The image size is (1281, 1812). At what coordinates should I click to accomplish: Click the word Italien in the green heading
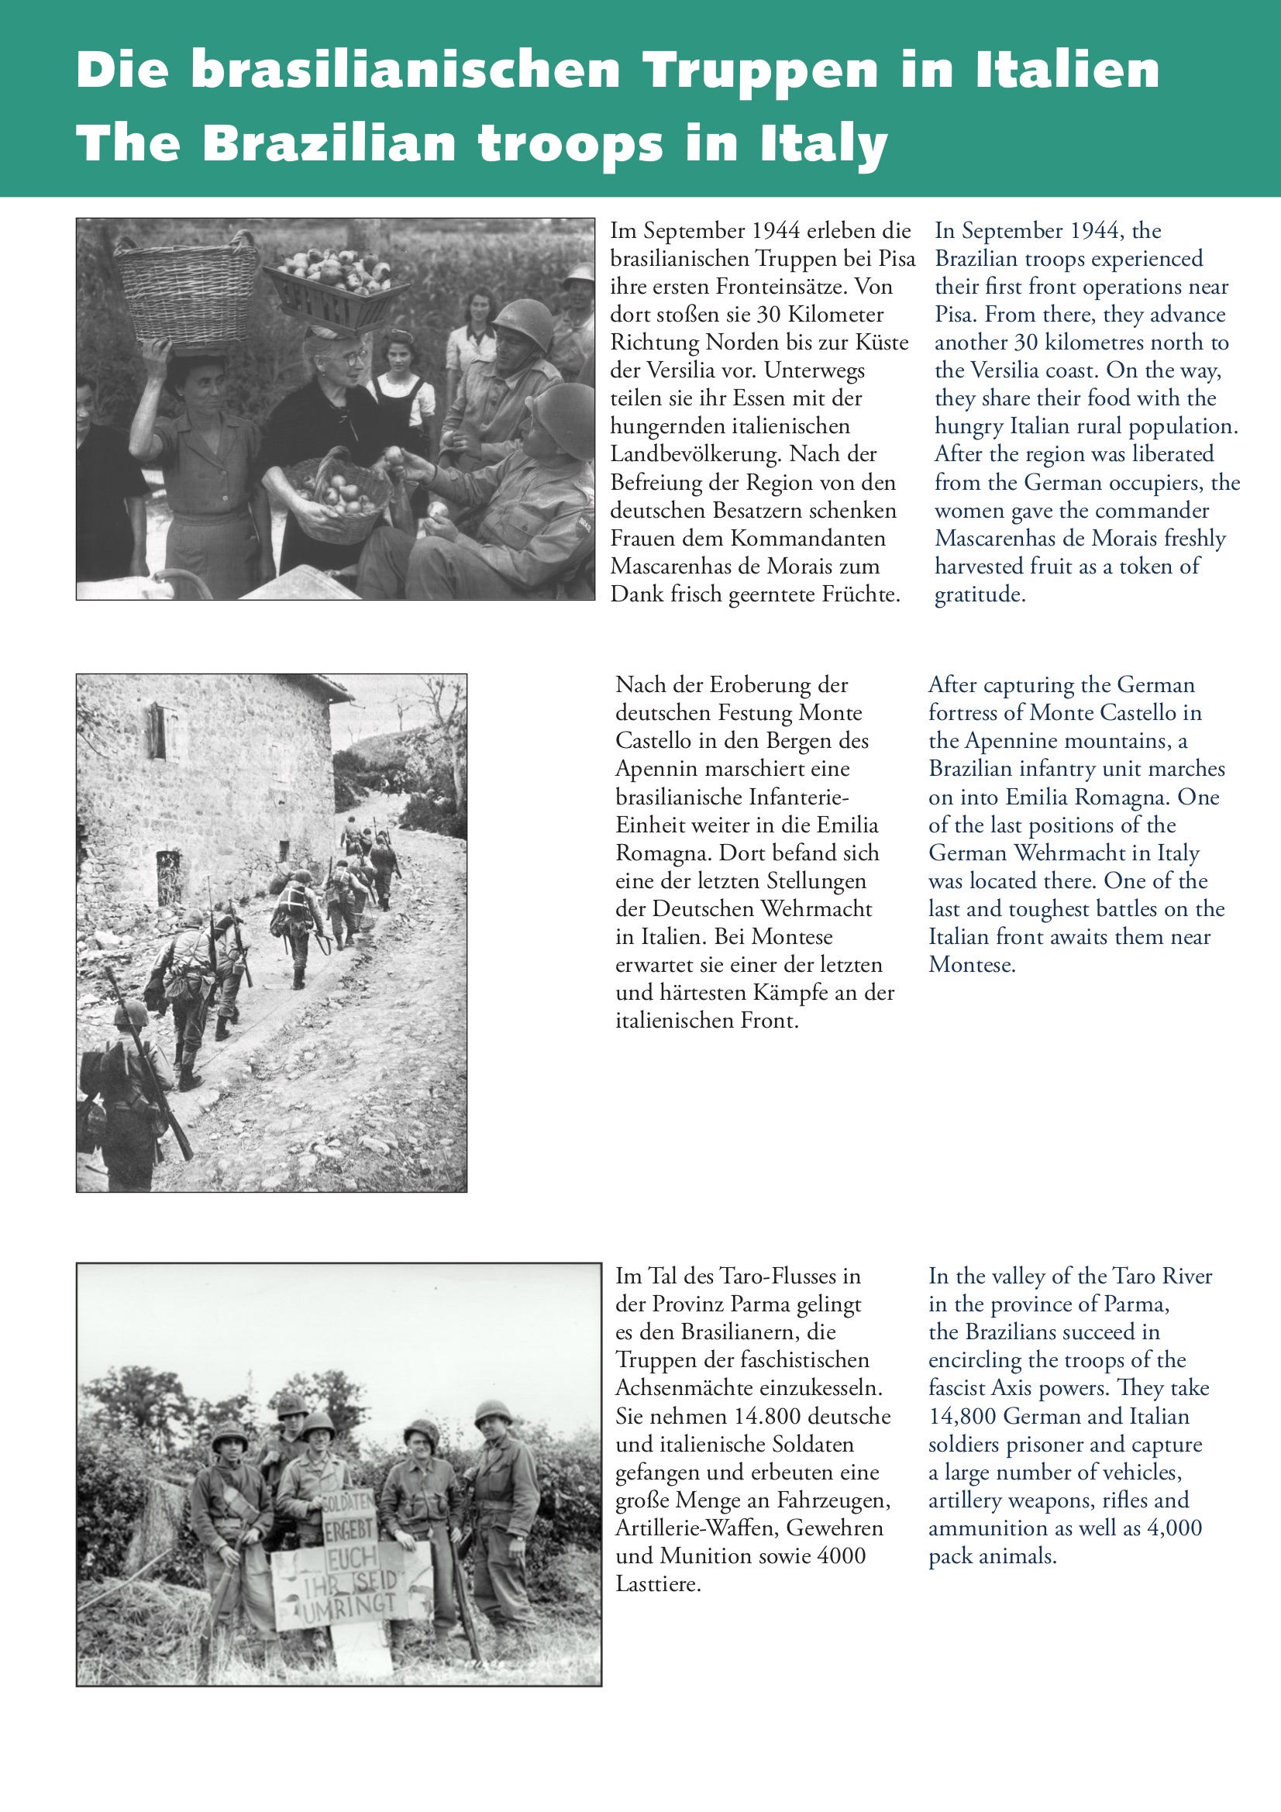pos(1067,70)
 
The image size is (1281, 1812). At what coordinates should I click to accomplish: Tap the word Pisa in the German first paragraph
pos(897,259)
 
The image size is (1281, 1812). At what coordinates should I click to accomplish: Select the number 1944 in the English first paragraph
pos(1093,230)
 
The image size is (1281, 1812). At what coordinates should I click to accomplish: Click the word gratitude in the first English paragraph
pos(979,594)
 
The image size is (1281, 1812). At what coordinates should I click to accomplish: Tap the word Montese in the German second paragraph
pos(794,937)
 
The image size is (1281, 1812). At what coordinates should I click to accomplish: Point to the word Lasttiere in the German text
pos(658,1584)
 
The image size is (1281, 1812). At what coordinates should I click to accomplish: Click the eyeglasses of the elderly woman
pos(347,358)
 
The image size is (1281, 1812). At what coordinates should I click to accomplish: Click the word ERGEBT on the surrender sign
pos(348,1530)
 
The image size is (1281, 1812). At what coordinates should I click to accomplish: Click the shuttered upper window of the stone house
pos(157,732)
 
